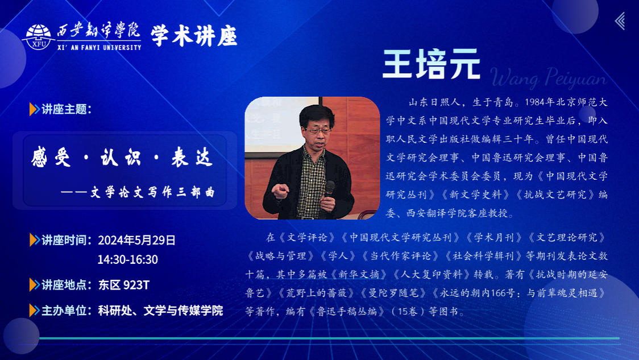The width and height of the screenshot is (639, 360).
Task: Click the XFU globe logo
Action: coord(38,37)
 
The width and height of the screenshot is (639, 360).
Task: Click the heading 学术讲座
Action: coord(194,36)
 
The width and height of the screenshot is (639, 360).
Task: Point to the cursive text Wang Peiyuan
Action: coord(549,77)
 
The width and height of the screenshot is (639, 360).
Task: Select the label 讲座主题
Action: coord(67,109)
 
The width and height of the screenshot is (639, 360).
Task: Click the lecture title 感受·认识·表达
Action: coord(122,158)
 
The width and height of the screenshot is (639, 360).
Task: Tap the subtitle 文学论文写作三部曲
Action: coord(152,192)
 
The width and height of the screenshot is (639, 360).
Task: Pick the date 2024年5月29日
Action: coord(136,240)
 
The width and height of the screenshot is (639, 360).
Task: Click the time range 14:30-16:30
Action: coord(127,260)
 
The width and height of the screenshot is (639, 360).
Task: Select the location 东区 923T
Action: coord(124,285)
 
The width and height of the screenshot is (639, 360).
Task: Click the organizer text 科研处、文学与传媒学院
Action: coord(160,311)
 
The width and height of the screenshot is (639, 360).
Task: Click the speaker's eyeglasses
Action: coord(318,131)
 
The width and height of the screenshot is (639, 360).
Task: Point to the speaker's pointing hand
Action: coord(280,191)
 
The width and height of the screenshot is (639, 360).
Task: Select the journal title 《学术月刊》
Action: coord(494,238)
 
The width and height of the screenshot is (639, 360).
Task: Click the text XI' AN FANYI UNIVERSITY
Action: coord(99,48)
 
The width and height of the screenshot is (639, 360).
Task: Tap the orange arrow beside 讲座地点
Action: coord(34,285)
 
